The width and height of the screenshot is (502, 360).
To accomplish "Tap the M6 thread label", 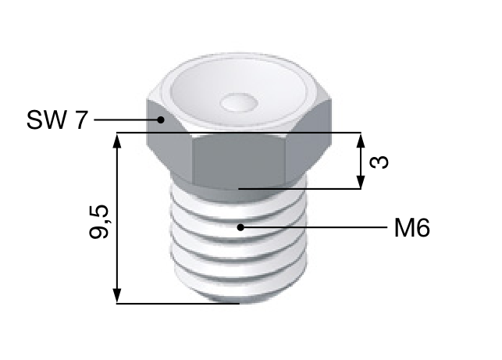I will coord(411,228).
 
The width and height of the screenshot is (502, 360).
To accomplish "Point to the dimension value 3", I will coord(379,162).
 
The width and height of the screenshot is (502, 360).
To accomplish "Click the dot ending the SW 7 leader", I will coord(161,119).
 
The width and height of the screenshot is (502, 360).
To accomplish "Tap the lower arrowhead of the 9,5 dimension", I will coord(117,297).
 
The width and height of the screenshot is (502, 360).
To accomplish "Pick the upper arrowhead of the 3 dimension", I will coord(360,139).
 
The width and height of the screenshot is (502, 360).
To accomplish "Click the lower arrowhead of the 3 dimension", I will coord(360,183).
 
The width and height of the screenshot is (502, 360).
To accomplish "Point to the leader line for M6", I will coord(312,227).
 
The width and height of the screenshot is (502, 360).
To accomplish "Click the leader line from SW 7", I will coord(125,119).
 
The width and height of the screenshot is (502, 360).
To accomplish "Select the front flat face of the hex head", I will coord(238,160).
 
